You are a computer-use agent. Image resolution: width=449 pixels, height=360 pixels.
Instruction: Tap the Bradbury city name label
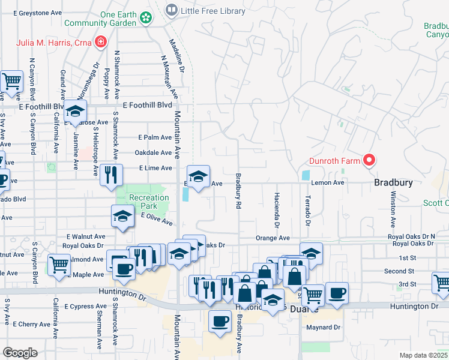point(393,182)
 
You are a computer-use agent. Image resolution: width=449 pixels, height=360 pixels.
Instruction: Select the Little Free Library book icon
point(172,10)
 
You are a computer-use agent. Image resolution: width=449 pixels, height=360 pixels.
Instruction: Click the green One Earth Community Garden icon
point(145,19)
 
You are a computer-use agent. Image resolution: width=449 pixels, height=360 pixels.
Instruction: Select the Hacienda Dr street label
point(277,211)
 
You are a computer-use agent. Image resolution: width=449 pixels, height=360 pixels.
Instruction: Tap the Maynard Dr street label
point(325,328)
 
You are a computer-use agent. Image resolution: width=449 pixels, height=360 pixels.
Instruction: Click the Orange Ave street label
point(273,238)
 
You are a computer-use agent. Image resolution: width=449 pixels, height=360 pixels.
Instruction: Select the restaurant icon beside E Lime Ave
point(110,174)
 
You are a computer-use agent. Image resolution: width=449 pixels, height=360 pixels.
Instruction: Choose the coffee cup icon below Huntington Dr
point(220,320)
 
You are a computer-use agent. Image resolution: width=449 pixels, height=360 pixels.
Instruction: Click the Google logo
point(20,353)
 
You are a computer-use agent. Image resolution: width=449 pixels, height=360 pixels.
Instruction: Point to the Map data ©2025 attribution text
point(424,355)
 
